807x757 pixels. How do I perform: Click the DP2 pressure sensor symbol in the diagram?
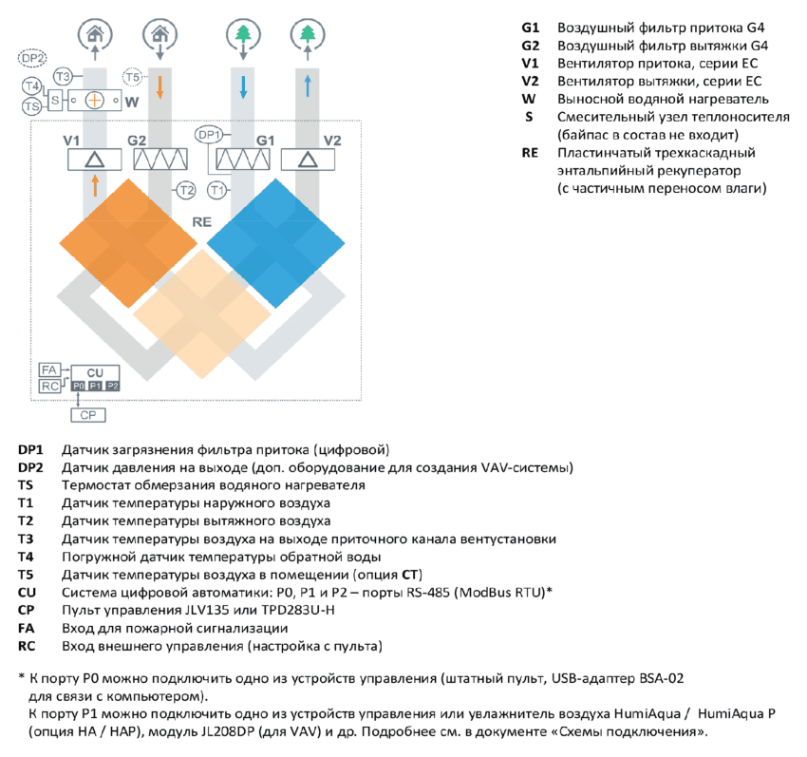(32, 58)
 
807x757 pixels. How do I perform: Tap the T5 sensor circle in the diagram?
(132, 77)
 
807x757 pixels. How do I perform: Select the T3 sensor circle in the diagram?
(63, 77)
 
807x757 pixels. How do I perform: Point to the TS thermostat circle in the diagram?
(31, 106)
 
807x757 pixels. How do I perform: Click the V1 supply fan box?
(95, 160)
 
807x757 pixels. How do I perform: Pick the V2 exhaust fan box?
(308, 160)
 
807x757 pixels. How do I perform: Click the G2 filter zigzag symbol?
(160, 160)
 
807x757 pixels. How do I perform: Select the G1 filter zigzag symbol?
(242, 160)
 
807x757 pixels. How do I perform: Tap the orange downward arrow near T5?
(160, 87)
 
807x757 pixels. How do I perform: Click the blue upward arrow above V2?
(308, 86)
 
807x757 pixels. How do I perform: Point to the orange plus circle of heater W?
(95, 100)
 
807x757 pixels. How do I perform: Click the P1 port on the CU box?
(95, 386)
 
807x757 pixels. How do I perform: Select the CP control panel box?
(88, 415)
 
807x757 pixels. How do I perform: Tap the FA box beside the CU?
(49, 369)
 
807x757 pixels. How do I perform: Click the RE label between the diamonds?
(201, 222)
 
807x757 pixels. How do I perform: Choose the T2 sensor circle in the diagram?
(186, 191)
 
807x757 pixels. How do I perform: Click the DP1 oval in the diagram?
(209, 135)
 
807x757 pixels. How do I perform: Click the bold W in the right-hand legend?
(529, 99)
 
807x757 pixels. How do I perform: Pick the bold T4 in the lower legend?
(26, 557)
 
